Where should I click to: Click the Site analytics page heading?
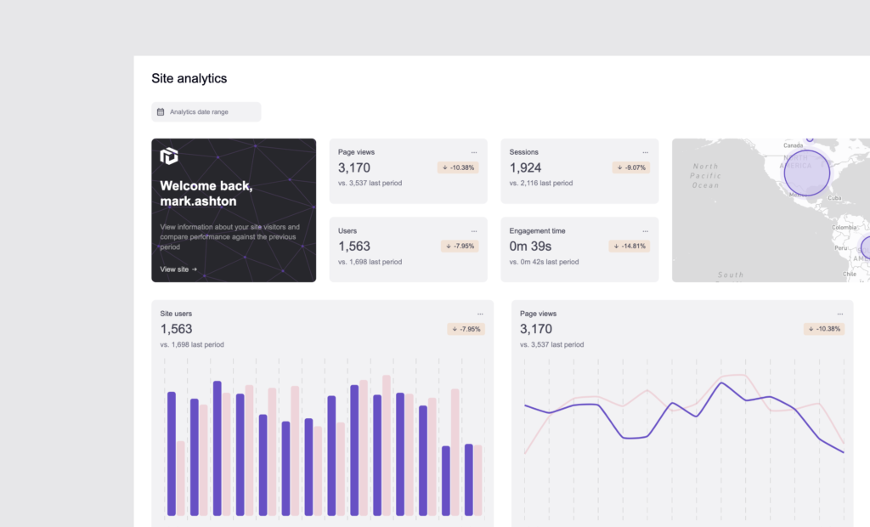(x=189, y=78)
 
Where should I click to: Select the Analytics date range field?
(x=206, y=112)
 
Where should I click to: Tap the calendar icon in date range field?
(x=161, y=112)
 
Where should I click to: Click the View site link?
(x=178, y=269)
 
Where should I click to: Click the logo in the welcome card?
(x=169, y=156)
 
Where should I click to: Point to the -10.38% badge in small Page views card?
(x=458, y=167)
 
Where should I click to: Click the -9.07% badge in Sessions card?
(x=630, y=167)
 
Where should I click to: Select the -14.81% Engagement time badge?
(x=629, y=246)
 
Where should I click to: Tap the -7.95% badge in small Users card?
(x=460, y=246)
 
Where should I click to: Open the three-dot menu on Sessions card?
(x=645, y=152)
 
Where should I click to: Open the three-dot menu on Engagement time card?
(x=645, y=230)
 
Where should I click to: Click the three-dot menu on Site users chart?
(x=480, y=314)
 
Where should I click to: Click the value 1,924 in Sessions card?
(x=525, y=167)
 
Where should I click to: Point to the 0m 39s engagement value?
(x=530, y=246)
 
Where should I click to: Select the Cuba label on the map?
(x=834, y=197)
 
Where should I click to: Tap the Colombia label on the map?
(x=844, y=227)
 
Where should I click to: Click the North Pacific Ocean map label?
(x=705, y=175)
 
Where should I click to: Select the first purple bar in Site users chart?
(x=172, y=453)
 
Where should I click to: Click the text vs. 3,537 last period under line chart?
(x=552, y=344)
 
